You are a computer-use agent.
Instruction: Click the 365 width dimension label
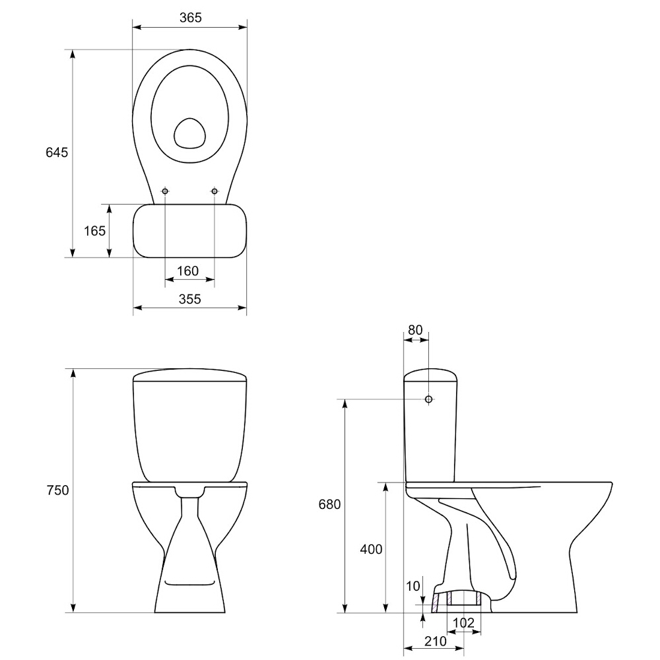[190, 18]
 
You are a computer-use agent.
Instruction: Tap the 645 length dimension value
[57, 152]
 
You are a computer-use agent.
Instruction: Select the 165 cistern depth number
[94, 230]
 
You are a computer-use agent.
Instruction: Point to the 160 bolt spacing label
[187, 271]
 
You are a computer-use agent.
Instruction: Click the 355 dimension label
[190, 299]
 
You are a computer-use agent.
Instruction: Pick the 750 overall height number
[57, 490]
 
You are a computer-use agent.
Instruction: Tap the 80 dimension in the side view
[415, 330]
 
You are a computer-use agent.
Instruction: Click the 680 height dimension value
[329, 504]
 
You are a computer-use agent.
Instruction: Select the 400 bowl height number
[371, 549]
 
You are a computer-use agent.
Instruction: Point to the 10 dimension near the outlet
[413, 585]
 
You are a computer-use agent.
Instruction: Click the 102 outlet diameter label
[463, 622]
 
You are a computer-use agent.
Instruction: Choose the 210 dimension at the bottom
[435, 641]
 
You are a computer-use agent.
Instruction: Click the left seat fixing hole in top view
[165, 191]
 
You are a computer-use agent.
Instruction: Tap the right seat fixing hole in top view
[214, 191]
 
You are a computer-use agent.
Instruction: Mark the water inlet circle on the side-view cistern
[428, 399]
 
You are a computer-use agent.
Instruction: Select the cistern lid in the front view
[190, 376]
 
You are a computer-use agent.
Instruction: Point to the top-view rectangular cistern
[190, 230]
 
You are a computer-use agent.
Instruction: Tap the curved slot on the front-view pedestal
[190, 583]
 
